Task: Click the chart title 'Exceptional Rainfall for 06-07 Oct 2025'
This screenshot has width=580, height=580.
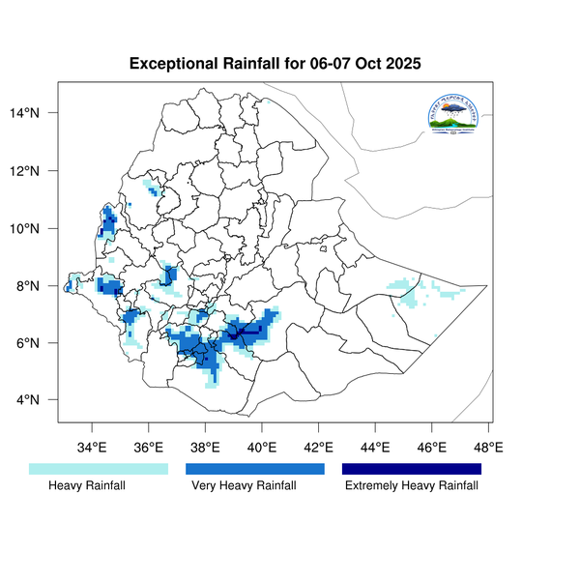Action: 275,65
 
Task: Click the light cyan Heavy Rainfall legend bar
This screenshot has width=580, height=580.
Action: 99,469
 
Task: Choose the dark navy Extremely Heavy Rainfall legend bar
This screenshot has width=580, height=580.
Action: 412,469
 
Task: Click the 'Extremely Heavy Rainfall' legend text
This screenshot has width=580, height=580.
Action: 412,486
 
